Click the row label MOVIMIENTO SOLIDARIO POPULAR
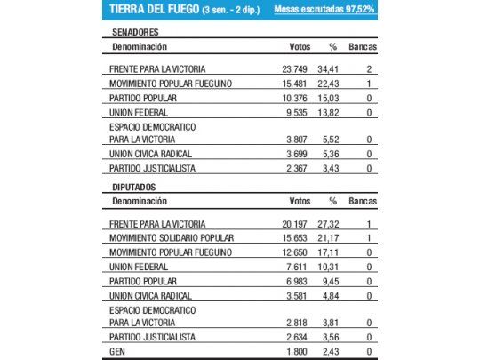pyautogui.click(x=172, y=237)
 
